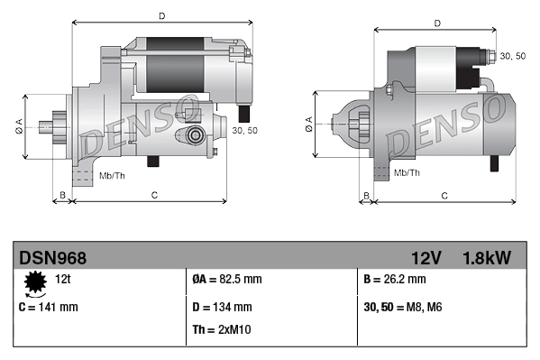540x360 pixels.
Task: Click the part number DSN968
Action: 53,258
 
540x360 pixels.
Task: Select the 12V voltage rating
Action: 426,258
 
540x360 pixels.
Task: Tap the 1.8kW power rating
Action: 488,258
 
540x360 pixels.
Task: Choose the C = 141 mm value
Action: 49,307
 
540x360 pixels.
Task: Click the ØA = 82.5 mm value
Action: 227,281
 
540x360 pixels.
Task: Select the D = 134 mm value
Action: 223,307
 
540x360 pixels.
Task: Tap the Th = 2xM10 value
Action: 223,329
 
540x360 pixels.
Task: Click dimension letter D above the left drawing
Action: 161,15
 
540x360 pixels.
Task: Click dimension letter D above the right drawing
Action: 436,23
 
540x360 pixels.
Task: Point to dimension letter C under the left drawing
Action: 154,195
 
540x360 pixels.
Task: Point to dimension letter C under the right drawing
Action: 444,195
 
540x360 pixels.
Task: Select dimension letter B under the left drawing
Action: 62,195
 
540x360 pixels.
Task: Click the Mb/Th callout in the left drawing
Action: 112,174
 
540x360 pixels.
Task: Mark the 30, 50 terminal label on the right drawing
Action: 513,56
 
